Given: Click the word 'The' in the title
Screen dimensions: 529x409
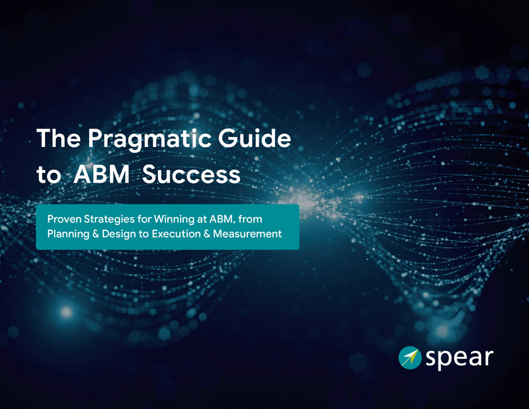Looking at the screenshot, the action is point(59,138).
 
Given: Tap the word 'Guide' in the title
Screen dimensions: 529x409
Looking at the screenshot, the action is point(255,138).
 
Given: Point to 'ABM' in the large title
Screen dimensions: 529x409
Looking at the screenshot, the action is point(102,174).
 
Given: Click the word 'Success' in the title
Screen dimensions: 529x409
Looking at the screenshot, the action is point(191,174).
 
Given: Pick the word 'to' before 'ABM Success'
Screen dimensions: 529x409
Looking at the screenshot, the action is point(48,175).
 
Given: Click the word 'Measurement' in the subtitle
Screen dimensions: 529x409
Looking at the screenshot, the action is point(247,234).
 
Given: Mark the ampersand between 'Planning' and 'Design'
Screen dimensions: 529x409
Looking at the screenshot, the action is point(96,234).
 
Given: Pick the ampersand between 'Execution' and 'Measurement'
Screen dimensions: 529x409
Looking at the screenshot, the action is point(207,234).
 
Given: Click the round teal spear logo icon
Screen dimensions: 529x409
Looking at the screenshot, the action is point(410,357).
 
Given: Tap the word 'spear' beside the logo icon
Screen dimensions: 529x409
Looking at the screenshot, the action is point(459,359).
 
